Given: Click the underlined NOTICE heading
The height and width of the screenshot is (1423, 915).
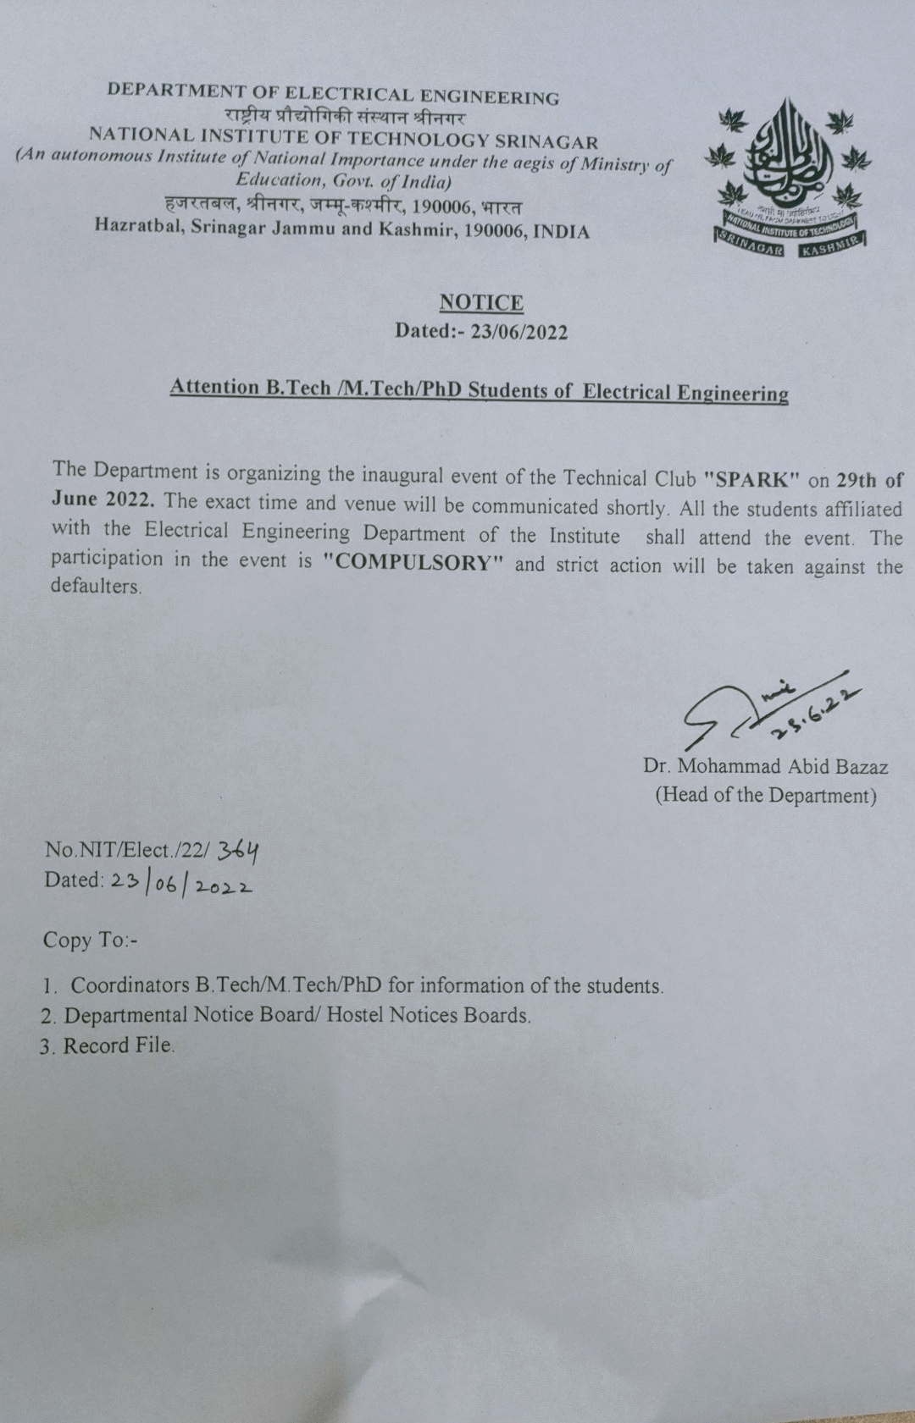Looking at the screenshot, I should pos(481,302).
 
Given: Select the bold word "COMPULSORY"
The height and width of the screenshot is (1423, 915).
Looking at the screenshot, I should pos(413,563).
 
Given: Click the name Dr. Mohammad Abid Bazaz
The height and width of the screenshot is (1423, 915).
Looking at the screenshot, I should pos(765,767).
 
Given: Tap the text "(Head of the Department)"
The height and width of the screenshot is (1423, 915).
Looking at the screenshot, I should pos(765,795).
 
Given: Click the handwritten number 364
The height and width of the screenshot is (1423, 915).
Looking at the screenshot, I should pos(238,849).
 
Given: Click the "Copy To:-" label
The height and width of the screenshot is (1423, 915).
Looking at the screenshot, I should pos(90,940).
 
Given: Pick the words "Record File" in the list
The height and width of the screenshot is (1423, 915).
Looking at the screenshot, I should pos(118,1045).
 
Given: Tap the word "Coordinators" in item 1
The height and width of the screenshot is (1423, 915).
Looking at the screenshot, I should pos(130,985).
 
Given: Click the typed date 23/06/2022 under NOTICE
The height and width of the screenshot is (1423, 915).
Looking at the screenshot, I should pos(518,331).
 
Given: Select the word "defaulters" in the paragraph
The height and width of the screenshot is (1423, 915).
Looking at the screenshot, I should pos(95,586).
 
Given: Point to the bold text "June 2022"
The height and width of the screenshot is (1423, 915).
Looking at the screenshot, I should pos(103,499).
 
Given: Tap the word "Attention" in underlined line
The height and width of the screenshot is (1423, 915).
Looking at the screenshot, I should pos(214,387).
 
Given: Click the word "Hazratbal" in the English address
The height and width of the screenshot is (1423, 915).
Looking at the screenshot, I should pos(138,226).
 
